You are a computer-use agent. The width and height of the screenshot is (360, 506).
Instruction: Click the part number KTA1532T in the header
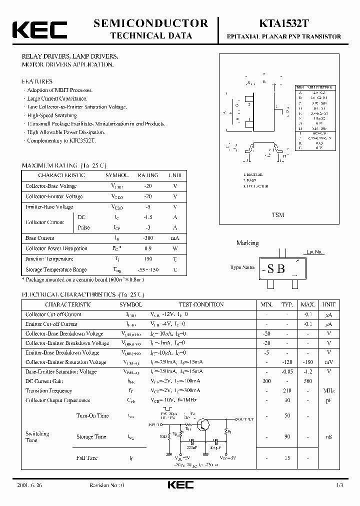(x=283, y=23)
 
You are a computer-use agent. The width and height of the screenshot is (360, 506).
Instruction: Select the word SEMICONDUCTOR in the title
(x=150, y=23)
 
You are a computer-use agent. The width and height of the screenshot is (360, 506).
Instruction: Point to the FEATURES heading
(x=37, y=81)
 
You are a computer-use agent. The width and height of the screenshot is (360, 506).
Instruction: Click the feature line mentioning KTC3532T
(x=60, y=140)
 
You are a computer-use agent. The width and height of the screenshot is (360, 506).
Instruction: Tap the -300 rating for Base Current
(x=148, y=238)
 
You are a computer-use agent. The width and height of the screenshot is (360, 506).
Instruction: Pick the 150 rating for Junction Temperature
(x=148, y=259)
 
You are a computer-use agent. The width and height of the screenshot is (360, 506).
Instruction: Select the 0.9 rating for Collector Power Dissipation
(x=148, y=248)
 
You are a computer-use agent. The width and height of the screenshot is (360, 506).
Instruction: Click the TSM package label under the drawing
(x=277, y=214)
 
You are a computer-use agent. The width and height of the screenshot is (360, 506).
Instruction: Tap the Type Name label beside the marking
(x=242, y=267)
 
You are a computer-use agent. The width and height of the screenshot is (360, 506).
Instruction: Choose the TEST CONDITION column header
(x=201, y=304)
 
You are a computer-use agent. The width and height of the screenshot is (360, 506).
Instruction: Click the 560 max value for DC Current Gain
(x=307, y=381)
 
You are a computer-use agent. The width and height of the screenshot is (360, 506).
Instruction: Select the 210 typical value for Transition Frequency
(x=286, y=390)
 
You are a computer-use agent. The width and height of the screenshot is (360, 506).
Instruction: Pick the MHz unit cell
(x=328, y=390)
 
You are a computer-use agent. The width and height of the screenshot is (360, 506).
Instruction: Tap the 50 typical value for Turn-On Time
(x=286, y=416)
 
